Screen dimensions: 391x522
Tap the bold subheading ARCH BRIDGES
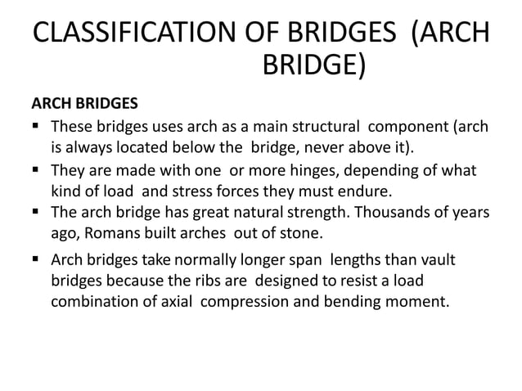coord(84,106)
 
